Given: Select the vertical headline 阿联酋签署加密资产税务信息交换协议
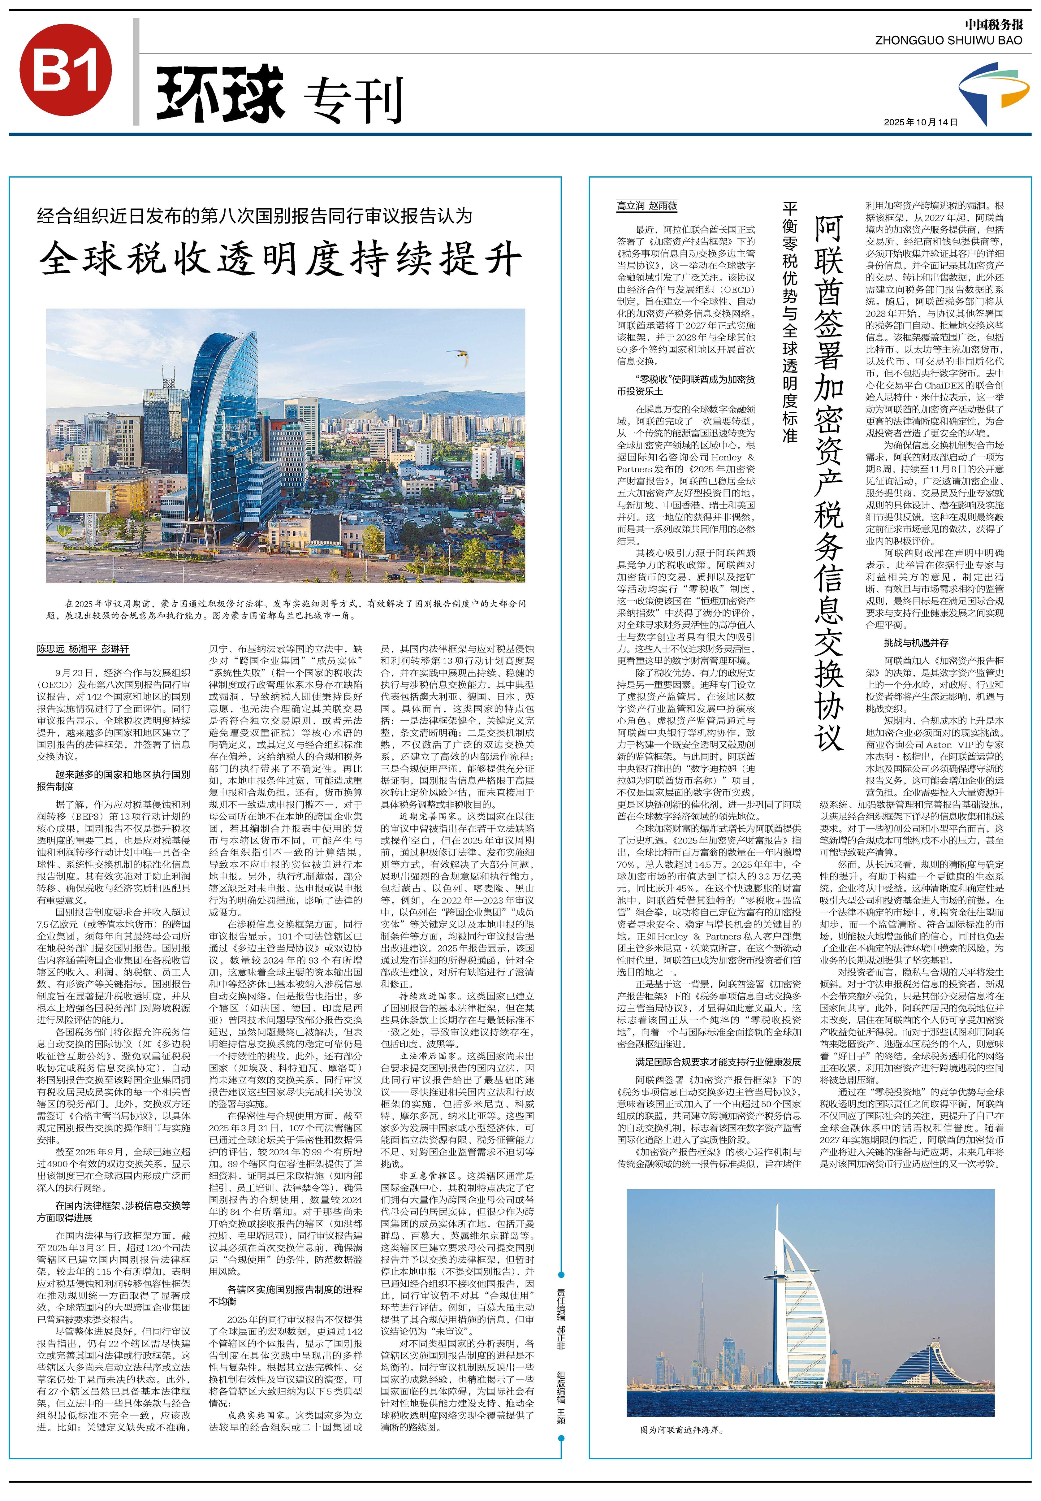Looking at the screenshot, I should pos(828,483).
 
